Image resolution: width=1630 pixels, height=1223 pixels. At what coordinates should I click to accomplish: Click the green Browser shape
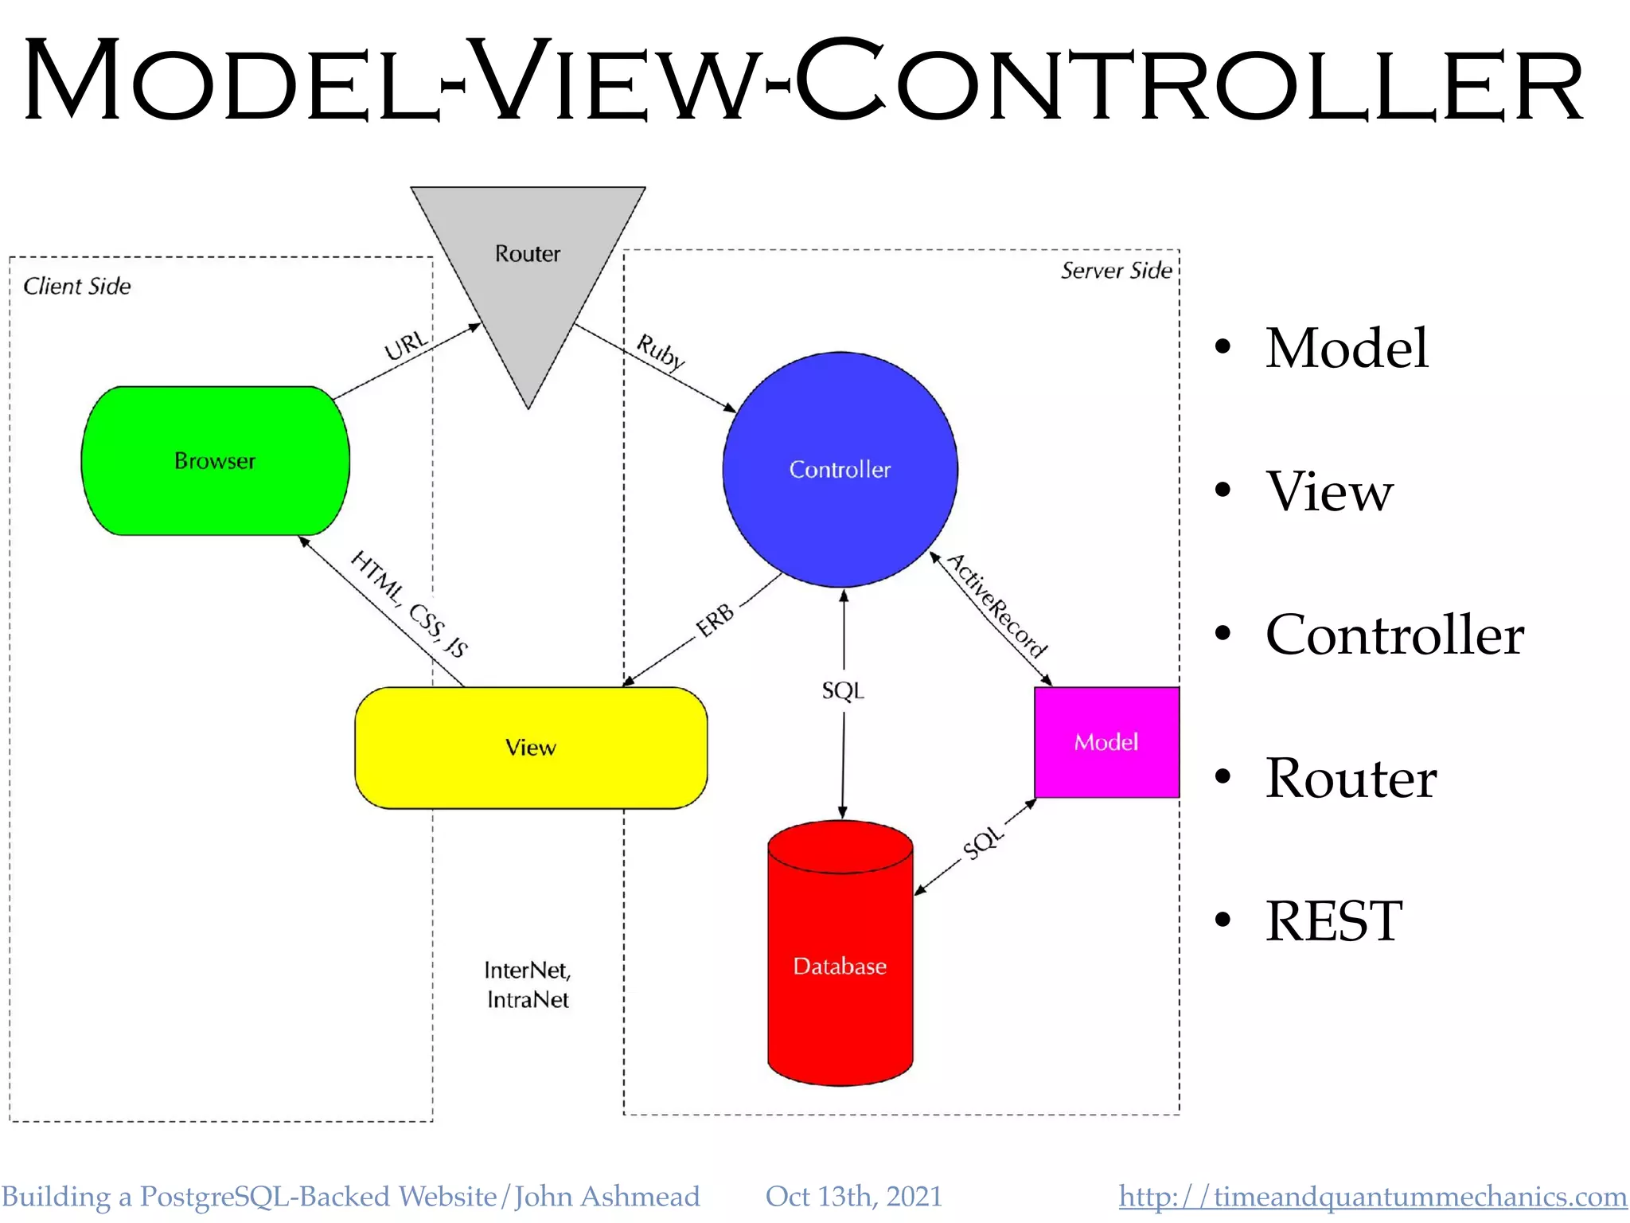pyautogui.click(x=215, y=461)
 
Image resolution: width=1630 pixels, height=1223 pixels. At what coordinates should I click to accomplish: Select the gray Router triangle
pyautogui.click(x=528, y=263)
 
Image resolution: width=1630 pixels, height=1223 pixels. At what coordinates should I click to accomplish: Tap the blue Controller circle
pyautogui.click(x=840, y=470)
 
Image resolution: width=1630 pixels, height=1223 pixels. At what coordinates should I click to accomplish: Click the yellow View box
pyautogui.click(x=531, y=748)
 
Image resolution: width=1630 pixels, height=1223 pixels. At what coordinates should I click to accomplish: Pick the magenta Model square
pyautogui.click(x=1106, y=742)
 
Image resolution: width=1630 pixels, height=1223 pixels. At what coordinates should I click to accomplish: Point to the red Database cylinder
pyautogui.click(x=840, y=966)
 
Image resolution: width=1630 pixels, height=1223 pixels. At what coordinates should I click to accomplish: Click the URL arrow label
pyautogui.click(x=406, y=346)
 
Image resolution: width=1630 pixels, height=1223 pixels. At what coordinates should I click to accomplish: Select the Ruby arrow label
pyautogui.click(x=661, y=352)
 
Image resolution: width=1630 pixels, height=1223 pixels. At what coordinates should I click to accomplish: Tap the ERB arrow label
pyautogui.click(x=716, y=620)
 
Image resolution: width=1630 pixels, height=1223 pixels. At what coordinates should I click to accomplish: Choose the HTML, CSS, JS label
pyautogui.click(x=410, y=604)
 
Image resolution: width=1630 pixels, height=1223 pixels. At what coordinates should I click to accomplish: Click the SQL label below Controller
pyautogui.click(x=843, y=690)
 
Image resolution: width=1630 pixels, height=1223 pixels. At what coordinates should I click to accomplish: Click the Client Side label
pyautogui.click(x=77, y=287)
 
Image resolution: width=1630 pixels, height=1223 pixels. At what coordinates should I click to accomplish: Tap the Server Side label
pyautogui.click(x=1116, y=271)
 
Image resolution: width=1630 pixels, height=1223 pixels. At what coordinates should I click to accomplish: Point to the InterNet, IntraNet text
pyautogui.click(x=528, y=985)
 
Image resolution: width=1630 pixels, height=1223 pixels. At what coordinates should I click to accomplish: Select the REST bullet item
pyautogui.click(x=1333, y=921)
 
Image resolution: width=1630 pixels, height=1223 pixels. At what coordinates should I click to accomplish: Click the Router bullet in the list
pyautogui.click(x=1351, y=778)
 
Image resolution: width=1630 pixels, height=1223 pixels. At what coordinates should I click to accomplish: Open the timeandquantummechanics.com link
pyautogui.click(x=1372, y=1197)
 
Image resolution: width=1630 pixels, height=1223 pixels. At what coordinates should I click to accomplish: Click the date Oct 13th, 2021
pyautogui.click(x=853, y=1197)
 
